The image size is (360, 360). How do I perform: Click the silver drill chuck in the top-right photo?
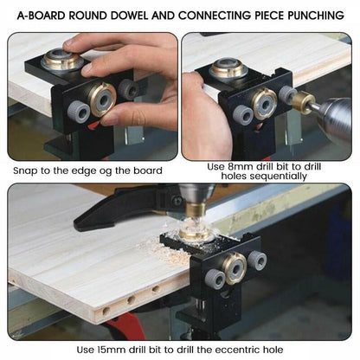333,120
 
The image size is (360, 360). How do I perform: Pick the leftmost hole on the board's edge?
105,308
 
